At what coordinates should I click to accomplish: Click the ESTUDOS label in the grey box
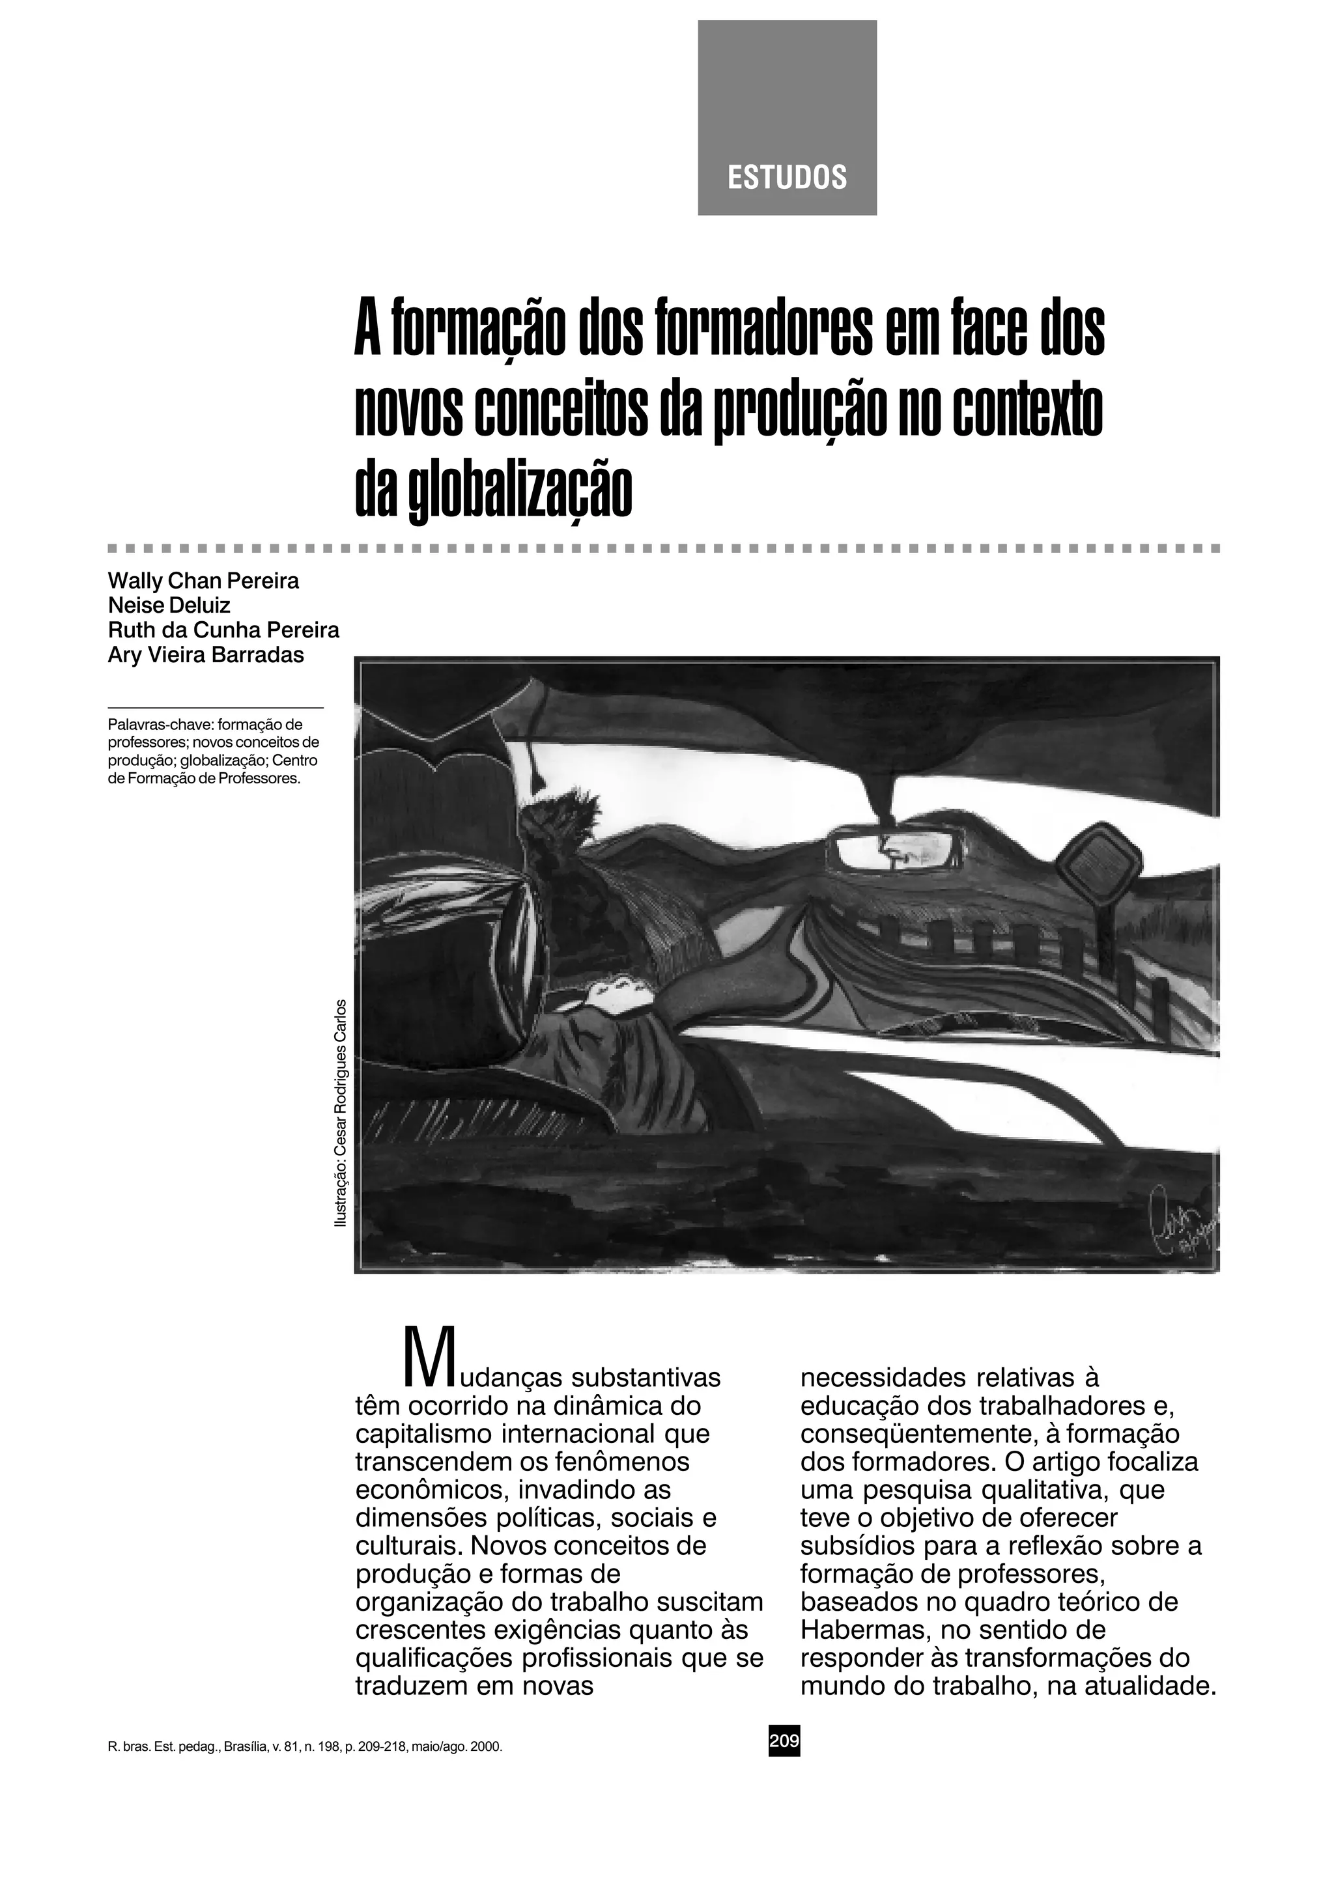coord(787,178)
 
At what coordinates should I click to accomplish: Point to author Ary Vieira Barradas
coord(205,655)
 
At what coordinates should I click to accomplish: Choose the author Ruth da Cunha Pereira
coord(223,630)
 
